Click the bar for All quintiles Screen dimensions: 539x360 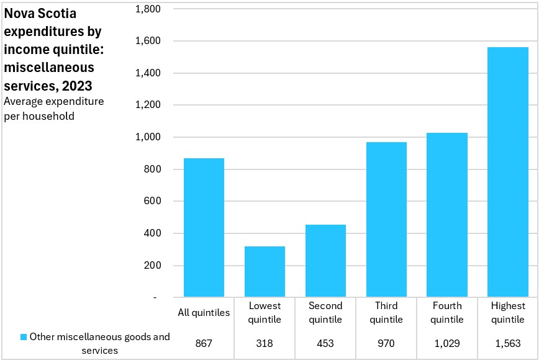click(x=204, y=227)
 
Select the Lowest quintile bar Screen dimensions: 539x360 click(x=265, y=271)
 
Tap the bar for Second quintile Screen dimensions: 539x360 click(x=325, y=261)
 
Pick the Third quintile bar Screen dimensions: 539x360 click(x=386, y=220)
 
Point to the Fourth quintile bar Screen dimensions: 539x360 click(x=447, y=215)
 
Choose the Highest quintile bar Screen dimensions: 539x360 click(x=508, y=172)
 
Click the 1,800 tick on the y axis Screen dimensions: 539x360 click(x=148, y=9)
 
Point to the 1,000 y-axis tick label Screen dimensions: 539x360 click(x=148, y=137)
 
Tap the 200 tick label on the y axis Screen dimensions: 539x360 click(x=153, y=265)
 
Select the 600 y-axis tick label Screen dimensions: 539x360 click(x=153, y=200)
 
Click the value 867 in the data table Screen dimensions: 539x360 click(x=204, y=343)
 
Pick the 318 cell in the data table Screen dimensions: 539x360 click(x=265, y=343)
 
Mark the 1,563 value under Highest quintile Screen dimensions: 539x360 click(x=508, y=343)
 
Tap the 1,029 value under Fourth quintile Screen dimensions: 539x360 click(x=447, y=343)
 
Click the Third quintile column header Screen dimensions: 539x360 click(x=386, y=313)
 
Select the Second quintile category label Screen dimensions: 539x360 click(x=325, y=313)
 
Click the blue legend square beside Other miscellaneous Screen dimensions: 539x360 click(x=24, y=337)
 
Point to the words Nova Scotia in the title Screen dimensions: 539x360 click(x=40, y=14)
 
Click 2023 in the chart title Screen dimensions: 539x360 click(x=77, y=86)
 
